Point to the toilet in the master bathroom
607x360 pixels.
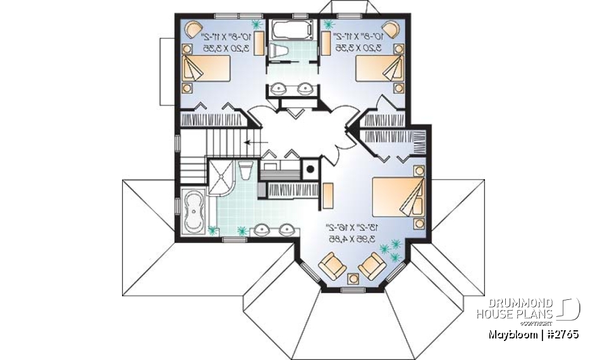coord(246,173)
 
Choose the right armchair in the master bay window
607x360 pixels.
coord(372,266)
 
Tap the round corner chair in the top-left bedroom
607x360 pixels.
coord(193,29)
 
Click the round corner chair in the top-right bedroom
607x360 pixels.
coord(391,29)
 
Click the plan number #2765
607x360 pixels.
coord(560,333)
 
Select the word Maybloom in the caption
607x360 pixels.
coord(509,333)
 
